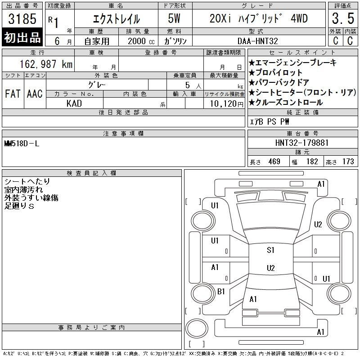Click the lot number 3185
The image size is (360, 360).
(x=22, y=19)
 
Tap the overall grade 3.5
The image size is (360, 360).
(x=343, y=18)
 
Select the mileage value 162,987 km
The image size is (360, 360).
(x=46, y=64)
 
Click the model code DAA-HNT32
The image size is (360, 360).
(x=257, y=41)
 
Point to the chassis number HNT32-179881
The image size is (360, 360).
(x=302, y=143)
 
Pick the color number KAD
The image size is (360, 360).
(x=74, y=103)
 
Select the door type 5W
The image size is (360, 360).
(x=174, y=18)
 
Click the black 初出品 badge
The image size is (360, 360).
(x=22, y=37)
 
